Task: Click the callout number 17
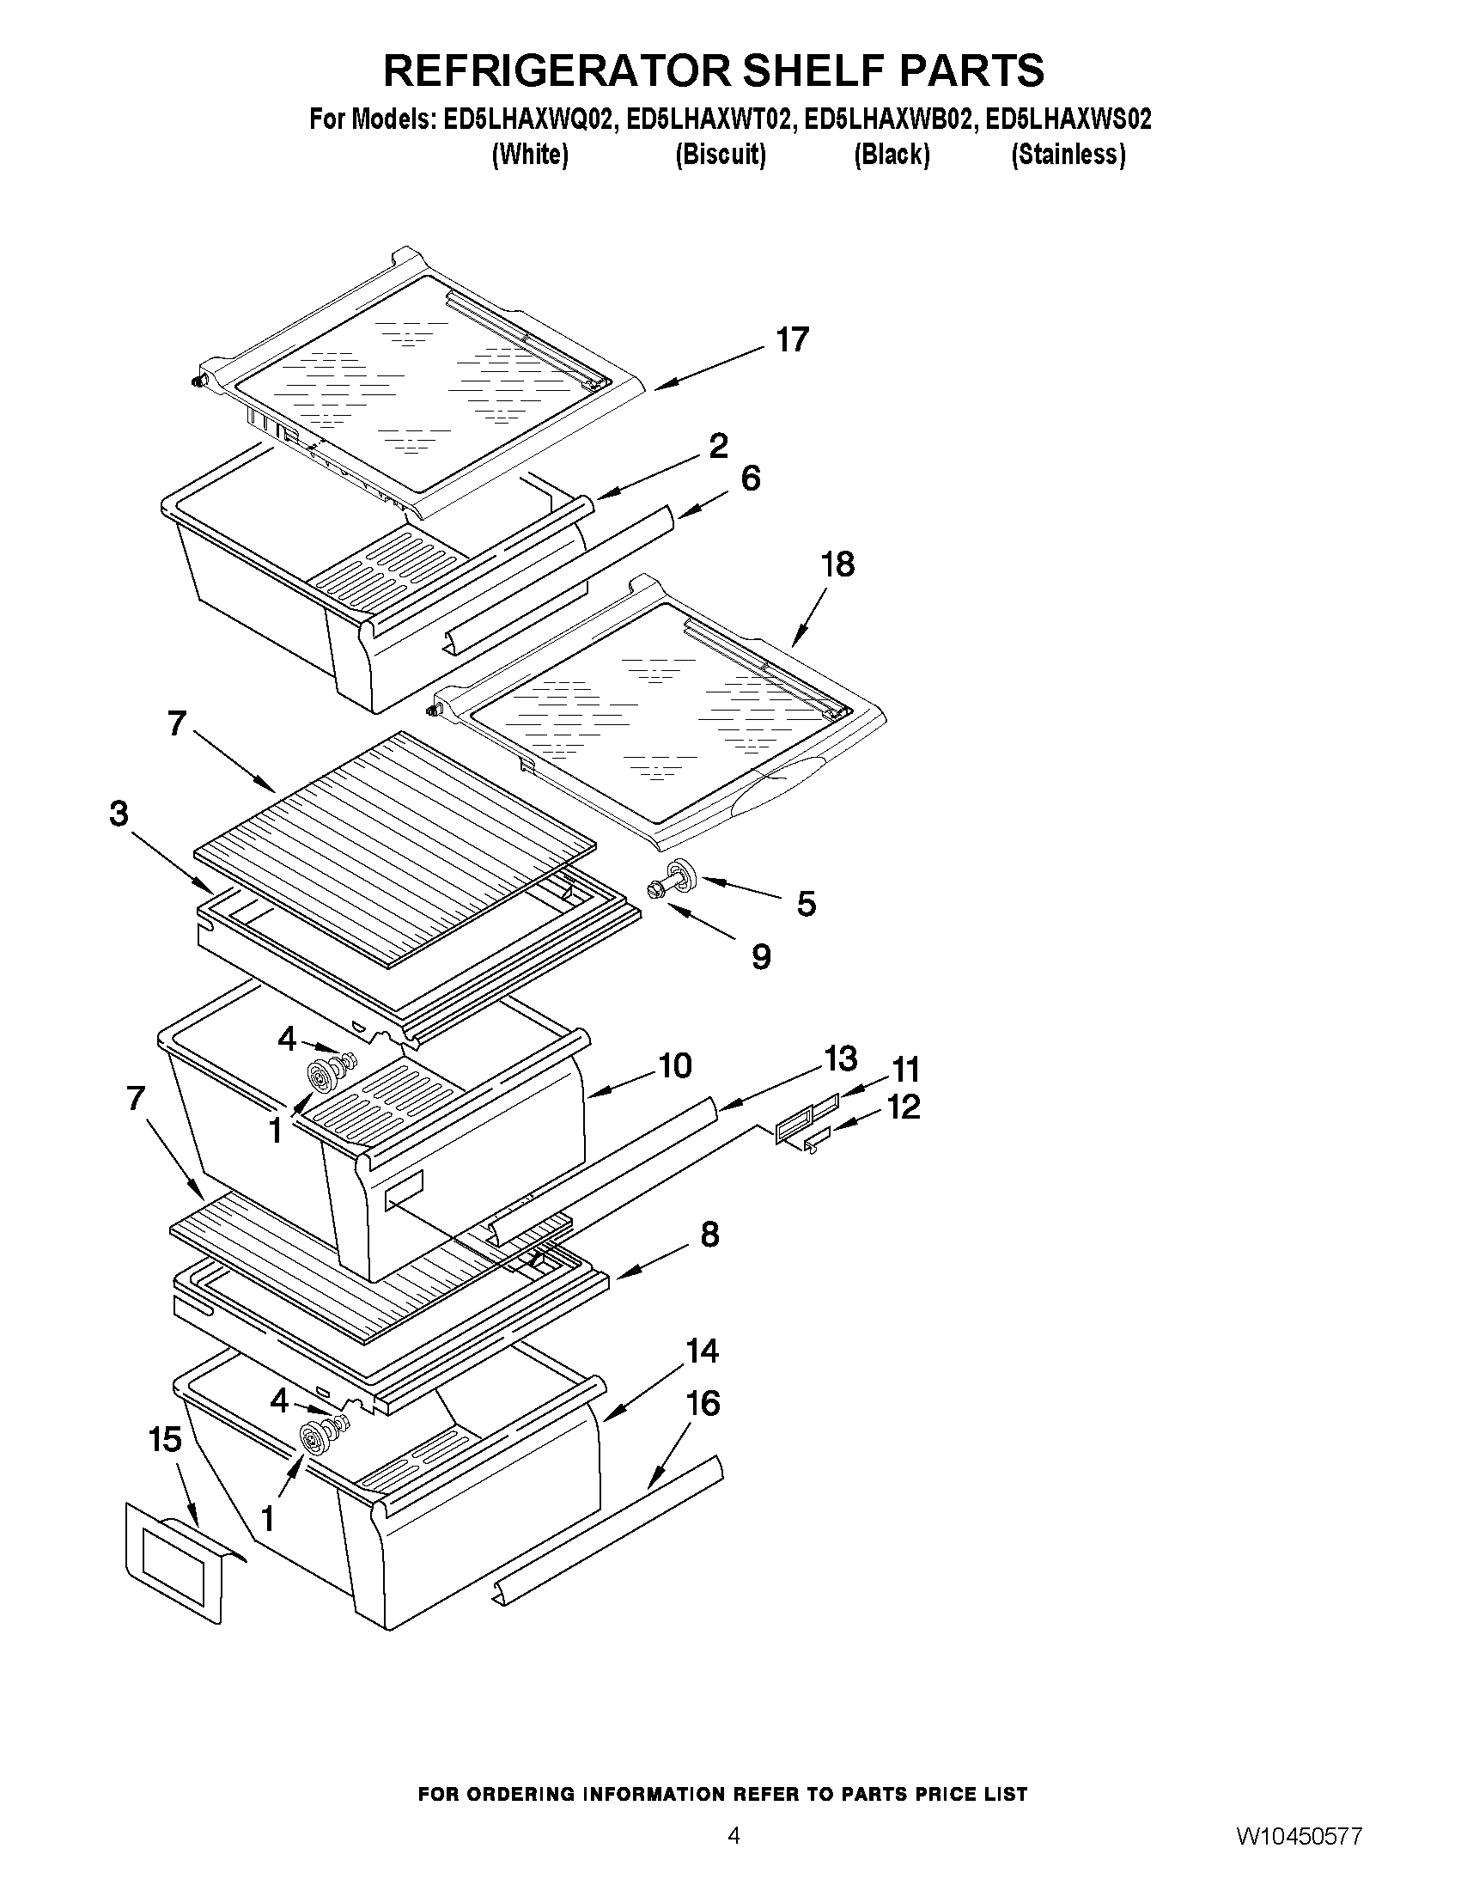[x=791, y=340]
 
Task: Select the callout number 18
[x=837, y=564]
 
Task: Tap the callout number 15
[x=164, y=1439]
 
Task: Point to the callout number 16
[x=703, y=1404]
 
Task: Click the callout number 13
[x=839, y=1058]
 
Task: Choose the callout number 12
[x=903, y=1107]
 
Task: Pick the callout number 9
[x=761, y=957]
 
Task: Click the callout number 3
[x=119, y=814]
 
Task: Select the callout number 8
[x=709, y=1235]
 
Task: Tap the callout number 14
[x=702, y=1351]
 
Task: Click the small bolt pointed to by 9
[x=655, y=890]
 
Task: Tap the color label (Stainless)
[x=1068, y=155]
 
